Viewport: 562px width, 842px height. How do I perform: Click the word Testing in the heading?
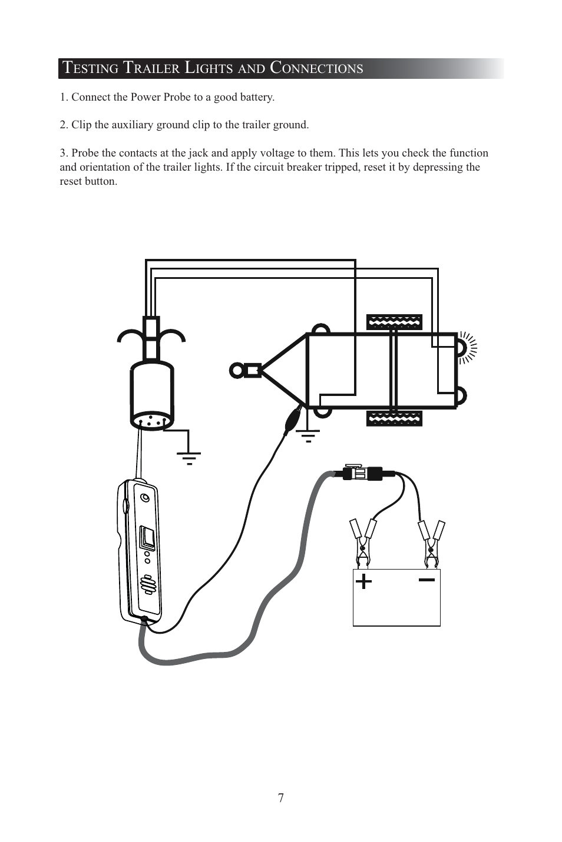pyautogui.click(x=90, y=68)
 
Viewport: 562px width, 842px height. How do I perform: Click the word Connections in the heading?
pyautogui.click(x=316, y=68)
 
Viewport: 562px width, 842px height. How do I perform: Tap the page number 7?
pyautogui.click(x=281, y=798)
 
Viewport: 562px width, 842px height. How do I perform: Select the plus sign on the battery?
pyautogui.click(x=364, y=581)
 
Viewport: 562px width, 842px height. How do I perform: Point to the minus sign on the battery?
pyautogui.click(x=427, y=580)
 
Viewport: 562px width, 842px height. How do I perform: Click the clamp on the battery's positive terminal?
pyautogui.click(x=363, y=541)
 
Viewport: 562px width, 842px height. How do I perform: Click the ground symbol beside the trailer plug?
pyautogui.click(x=189, y=457)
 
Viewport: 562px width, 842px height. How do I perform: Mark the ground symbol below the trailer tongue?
pyautogui.click(x=308, y=436)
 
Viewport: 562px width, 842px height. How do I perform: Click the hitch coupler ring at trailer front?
pyautogui.click(x=237, y=370)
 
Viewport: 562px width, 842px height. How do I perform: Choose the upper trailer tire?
pyautogui.click(x=394, y=322)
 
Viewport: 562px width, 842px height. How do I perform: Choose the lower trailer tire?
pyautogui.click(x=394, y=418)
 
